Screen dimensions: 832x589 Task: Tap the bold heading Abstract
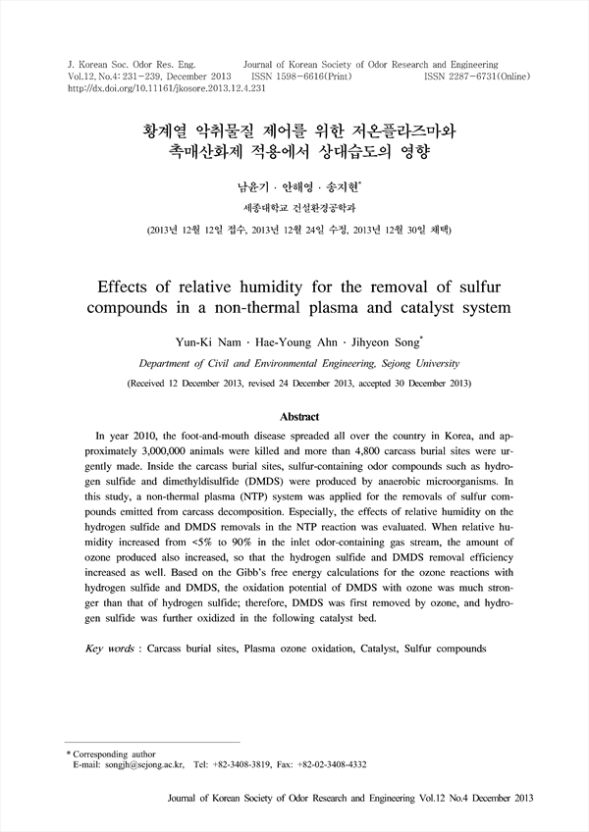click(x=294, y=417)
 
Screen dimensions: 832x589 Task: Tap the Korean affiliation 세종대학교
click(x=263, y=207)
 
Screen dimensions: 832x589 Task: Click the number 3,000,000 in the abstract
click(x=134, y=456)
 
